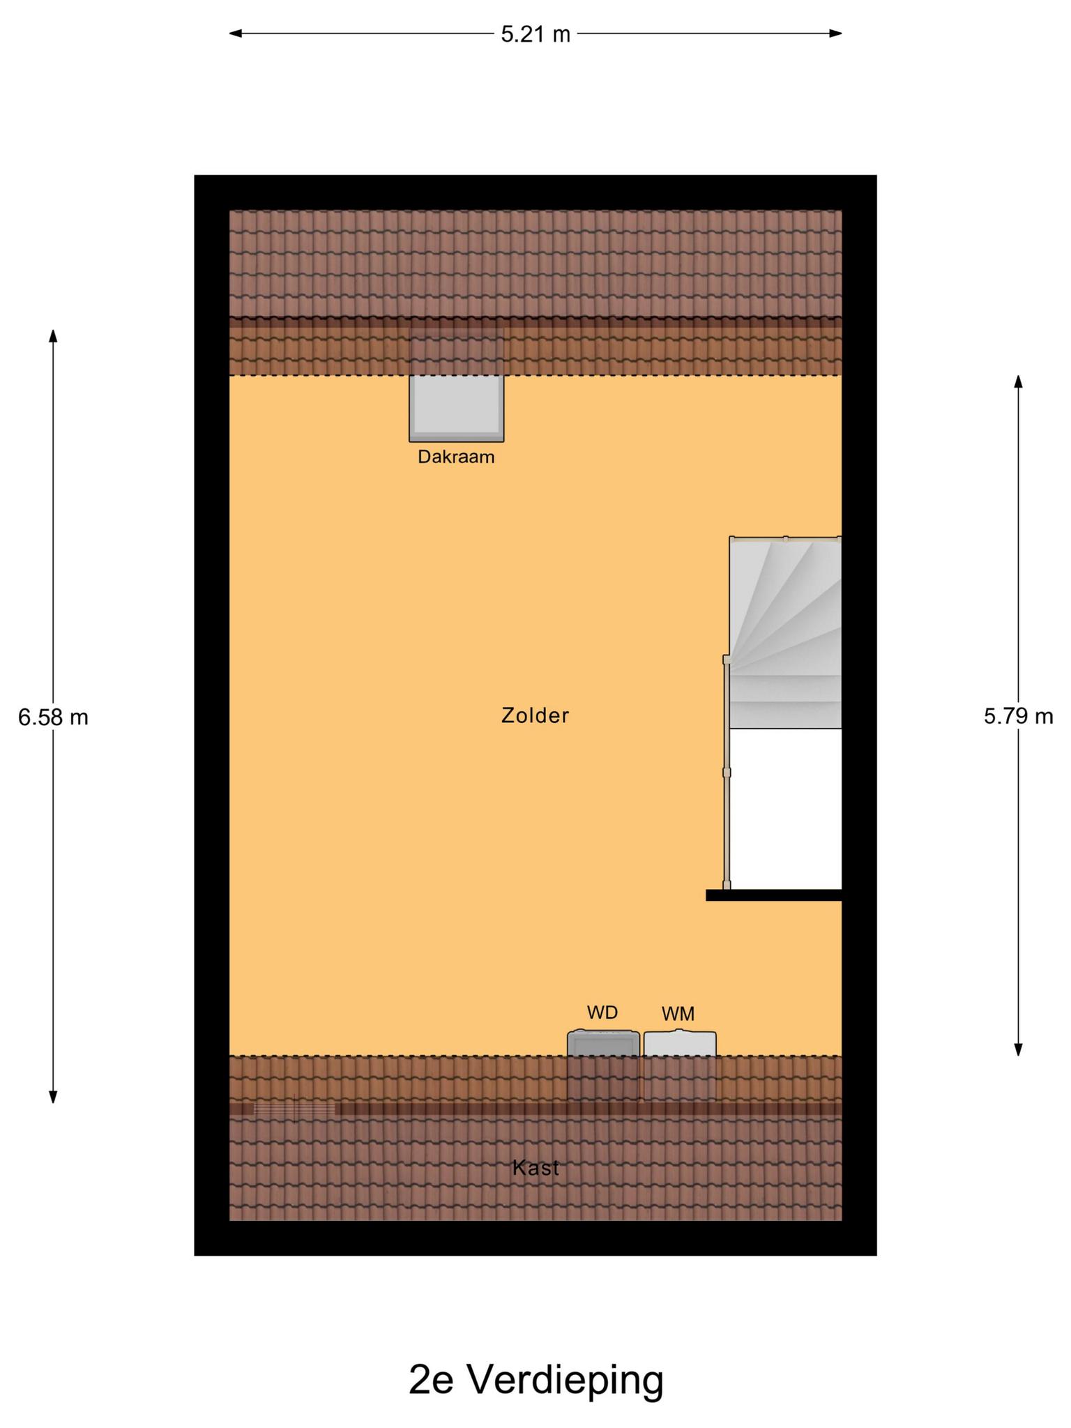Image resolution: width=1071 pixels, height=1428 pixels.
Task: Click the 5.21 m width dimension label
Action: point(535,34)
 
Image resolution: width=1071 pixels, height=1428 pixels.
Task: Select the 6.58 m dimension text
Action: point(53,717)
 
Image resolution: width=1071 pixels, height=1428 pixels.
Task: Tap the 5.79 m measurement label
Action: point(1018,716)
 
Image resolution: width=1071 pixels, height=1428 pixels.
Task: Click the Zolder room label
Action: point(535,715)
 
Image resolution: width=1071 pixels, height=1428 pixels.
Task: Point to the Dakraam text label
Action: point(456,457)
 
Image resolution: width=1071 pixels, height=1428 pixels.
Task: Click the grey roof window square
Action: point(457,408)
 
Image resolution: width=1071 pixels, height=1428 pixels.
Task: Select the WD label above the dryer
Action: point(602,1012)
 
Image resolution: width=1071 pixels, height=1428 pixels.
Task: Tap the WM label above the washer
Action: point(678,1014)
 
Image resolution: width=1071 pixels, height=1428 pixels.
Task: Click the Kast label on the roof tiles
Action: point(535,1168)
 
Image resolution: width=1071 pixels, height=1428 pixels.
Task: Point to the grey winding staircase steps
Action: point(785,633)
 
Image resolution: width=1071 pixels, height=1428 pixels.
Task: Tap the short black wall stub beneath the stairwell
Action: point(774,895)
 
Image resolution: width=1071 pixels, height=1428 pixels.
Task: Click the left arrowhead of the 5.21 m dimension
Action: point(236,33)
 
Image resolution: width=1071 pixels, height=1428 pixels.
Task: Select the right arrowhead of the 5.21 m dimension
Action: point(836,33)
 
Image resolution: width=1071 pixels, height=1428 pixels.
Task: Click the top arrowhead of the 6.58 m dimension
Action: point(53,335)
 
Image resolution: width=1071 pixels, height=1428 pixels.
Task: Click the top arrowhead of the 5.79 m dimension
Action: point(1018,382)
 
